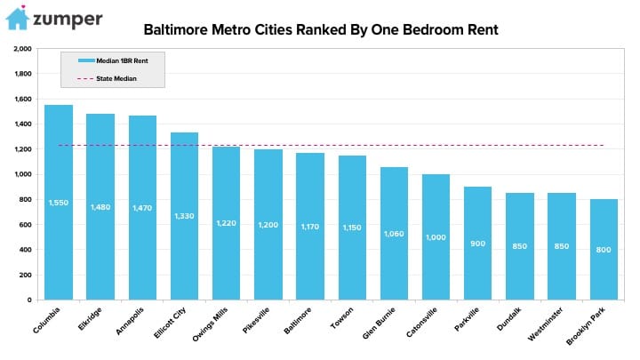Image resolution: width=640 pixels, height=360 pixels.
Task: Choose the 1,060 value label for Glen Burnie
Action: (x=394, y=234)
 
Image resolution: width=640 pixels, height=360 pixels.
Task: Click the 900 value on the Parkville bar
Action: (x=478, y=243)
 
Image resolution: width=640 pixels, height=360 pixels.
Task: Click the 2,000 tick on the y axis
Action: (x=23, y=49)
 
